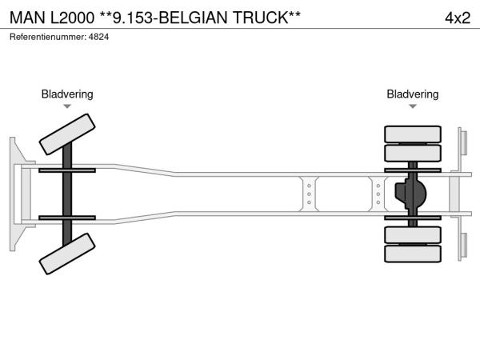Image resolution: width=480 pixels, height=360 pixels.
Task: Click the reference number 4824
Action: tap(98, 37)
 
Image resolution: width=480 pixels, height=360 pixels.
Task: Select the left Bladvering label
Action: tap(67, 94)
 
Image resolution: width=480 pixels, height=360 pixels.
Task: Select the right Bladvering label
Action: tap(412, 94)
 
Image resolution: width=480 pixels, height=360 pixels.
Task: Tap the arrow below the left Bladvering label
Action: tap(67, 106)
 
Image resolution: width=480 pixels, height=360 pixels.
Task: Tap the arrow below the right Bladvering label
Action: tap(412, 106)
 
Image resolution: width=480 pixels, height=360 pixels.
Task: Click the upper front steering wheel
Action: tap(67, 134)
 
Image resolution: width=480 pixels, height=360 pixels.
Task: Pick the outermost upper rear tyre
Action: tap(412, 134)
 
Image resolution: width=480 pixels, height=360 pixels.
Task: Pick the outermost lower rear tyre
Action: tap(412, 254)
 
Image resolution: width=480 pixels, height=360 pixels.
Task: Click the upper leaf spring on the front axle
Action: tap(67, 170)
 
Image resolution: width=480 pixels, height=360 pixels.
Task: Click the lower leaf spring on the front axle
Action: tap(67, 218)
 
